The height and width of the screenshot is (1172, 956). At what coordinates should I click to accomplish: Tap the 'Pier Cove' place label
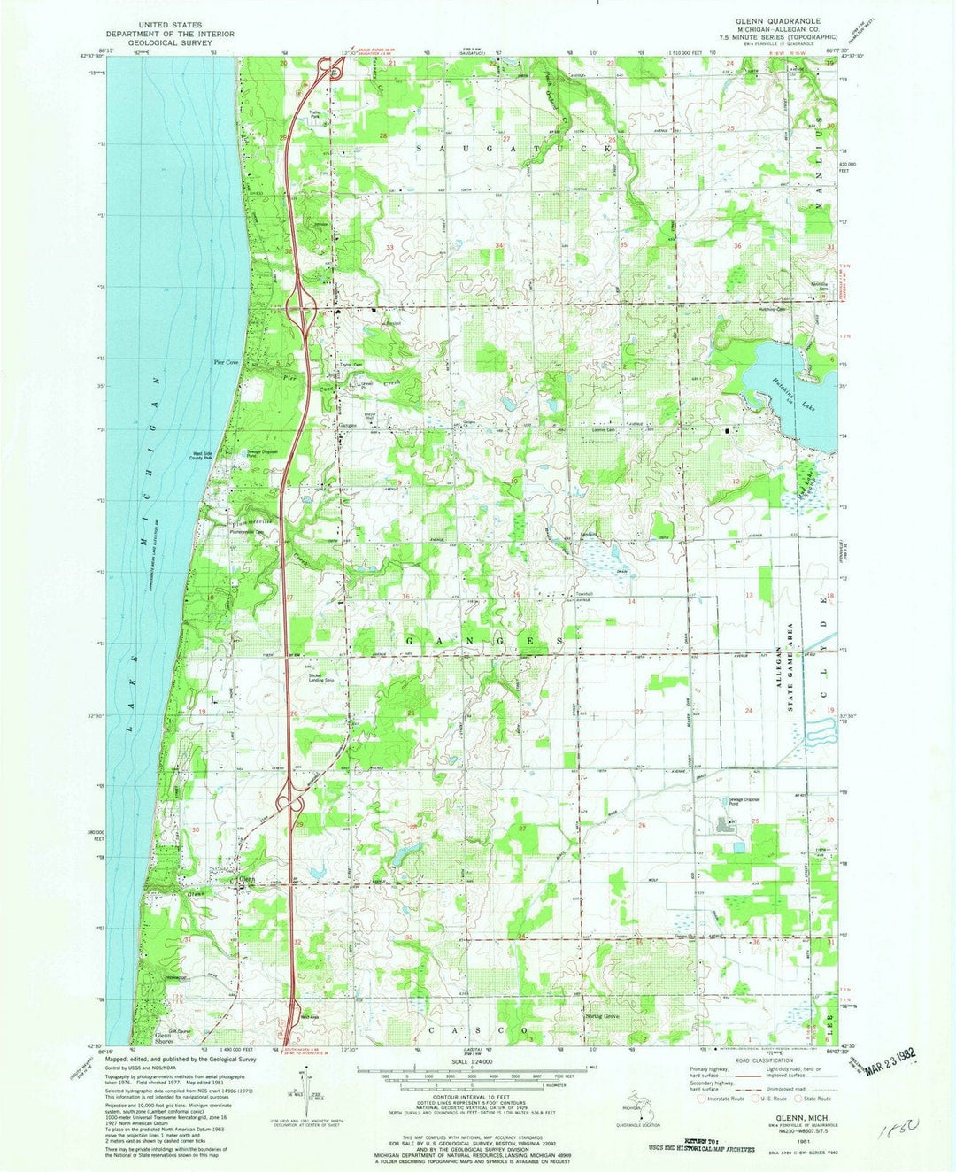click(227, 362)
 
